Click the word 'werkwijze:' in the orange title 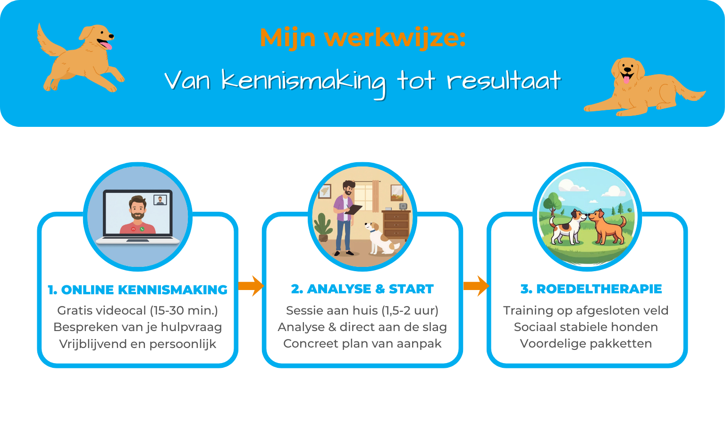[395, 38]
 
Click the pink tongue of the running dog [106, 45]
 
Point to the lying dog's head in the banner [627, 71]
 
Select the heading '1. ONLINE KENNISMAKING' [137, 290]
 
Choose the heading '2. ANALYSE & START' [362, 289]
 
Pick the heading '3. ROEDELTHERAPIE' [591, 289]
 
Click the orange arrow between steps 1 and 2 [251, 286]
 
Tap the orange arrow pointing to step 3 [476, 286]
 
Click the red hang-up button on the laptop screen [134, 229]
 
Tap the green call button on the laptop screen [142, 229]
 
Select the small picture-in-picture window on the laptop [160, 200]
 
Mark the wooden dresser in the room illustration [396, 225]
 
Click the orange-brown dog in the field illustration [607, 227]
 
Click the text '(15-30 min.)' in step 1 [184, 310]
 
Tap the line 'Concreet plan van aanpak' [362, 343]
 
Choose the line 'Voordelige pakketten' [586, 343]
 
